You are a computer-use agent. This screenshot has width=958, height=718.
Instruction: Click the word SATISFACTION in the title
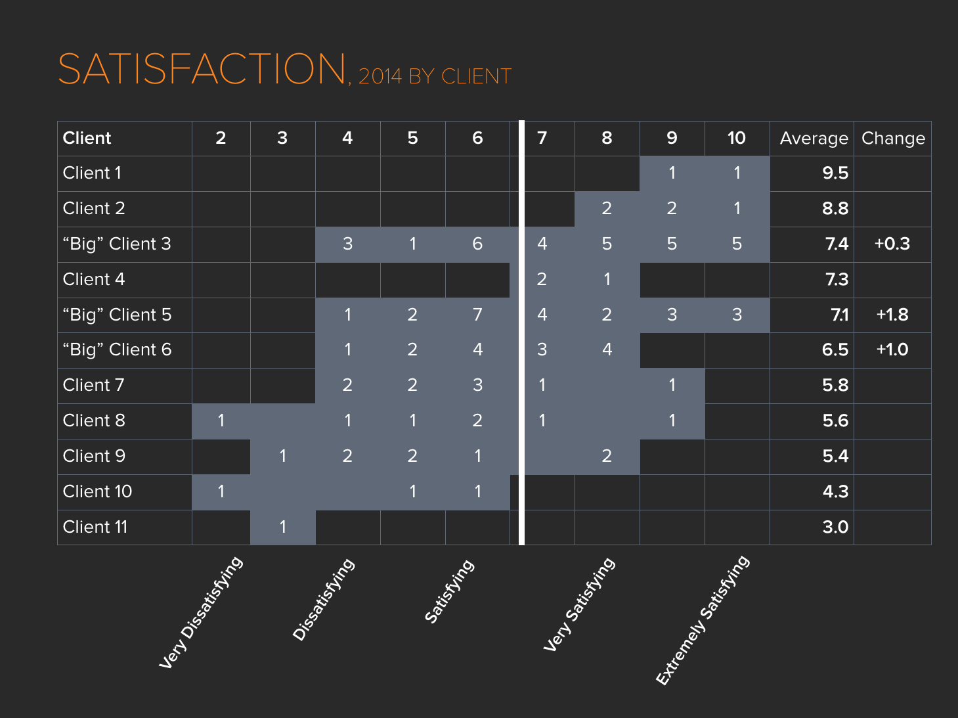click(202, 69)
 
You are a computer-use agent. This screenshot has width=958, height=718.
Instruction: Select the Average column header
click(814, 139)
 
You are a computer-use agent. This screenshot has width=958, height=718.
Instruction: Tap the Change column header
click(893, 139)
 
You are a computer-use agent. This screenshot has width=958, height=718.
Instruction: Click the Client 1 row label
click(92, 173)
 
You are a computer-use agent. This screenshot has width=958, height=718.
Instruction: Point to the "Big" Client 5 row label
click(117, 315)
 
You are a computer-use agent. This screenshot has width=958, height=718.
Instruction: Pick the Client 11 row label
click(95, 527)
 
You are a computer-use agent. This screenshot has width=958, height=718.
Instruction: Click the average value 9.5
click(835, 173)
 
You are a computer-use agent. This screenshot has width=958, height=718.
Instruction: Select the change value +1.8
click(892, 315)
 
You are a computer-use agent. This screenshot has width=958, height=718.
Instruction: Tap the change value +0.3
click(892, 244)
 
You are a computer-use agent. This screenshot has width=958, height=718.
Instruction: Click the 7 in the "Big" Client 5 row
click(477, 315)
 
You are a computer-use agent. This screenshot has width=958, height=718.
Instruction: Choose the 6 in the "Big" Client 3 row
click(477, 244)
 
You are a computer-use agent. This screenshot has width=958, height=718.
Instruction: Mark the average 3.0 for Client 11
click(835, 527)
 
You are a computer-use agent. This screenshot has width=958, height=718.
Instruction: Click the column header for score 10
click(736, 138)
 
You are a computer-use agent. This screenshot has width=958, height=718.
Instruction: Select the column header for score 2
click(221, 138)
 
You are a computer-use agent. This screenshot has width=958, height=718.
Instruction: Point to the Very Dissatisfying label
click(201, 612)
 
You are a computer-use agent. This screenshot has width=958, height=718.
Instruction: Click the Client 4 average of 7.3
click(836, 280)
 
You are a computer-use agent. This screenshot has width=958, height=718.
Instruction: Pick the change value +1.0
click(892, 349)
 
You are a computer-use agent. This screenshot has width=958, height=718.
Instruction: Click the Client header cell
click(87, 138)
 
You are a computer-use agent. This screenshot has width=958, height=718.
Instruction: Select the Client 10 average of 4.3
click(835, 491)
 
